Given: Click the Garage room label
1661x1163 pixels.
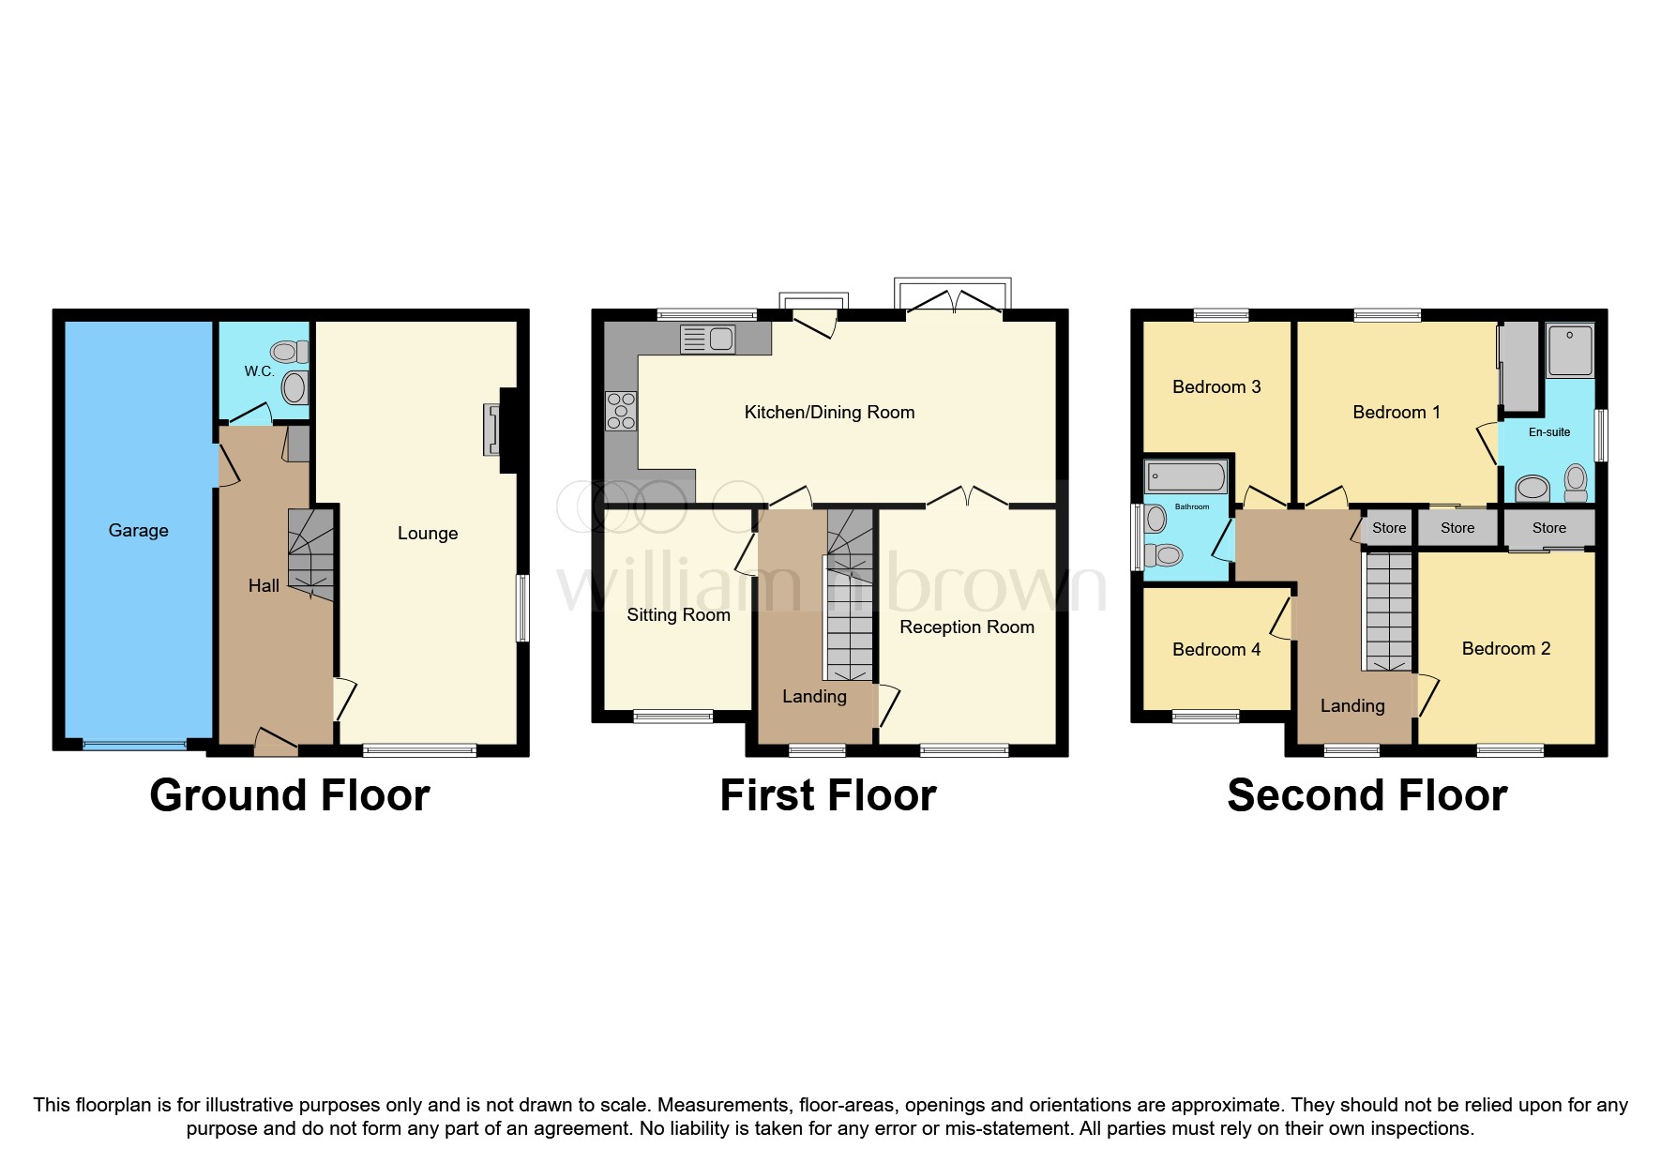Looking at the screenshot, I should point(138,531).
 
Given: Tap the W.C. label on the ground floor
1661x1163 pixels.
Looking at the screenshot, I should point(260,371).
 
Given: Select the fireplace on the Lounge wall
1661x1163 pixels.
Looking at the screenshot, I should point(494,430).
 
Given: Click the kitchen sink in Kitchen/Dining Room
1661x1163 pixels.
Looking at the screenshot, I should point(708,339).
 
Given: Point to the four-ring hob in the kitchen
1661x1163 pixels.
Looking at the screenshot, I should point(621,411).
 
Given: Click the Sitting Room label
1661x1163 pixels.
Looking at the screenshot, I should point(678,615).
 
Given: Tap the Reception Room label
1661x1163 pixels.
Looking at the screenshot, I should point(967,627).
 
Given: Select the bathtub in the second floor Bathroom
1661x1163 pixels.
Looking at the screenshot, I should point(1185,476).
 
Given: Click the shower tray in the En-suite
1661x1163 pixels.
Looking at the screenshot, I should point(1570,350).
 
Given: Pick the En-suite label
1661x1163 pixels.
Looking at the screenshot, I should point(1549,432).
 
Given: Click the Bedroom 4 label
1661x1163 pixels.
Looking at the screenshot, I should point(1216,650).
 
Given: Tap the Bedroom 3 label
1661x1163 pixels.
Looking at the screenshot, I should point(1216,387).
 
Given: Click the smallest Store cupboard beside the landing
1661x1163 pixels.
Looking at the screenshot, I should point(1388,528).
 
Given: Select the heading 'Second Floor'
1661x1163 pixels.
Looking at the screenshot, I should point(1367,795).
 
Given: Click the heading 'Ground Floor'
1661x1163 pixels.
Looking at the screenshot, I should point(289,795).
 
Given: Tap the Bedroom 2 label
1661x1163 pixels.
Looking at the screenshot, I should point(1505,649).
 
